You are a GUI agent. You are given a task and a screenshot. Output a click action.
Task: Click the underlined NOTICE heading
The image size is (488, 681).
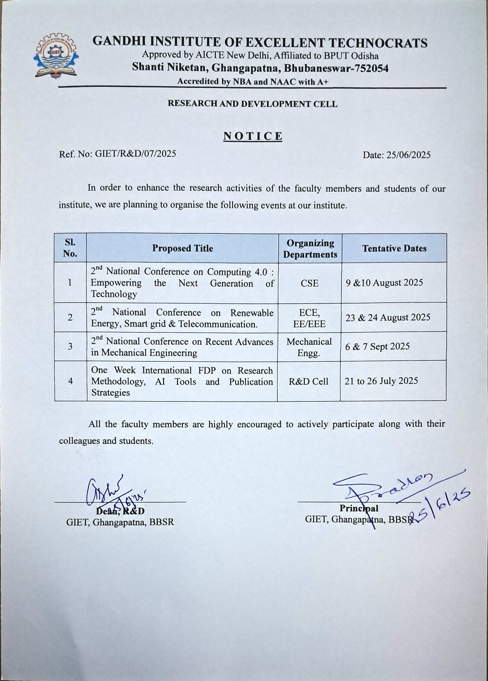(253, 136)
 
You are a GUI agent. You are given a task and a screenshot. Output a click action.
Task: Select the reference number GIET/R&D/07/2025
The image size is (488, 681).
(135, 154)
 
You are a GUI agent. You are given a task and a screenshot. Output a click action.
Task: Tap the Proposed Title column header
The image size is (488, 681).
(182, 248)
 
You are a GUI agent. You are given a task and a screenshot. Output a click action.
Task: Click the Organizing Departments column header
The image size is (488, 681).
(310, 248)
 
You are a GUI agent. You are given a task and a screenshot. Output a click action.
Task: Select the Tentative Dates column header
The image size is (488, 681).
(394, 248)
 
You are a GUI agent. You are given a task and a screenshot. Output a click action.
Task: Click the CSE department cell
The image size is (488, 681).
(309, 283)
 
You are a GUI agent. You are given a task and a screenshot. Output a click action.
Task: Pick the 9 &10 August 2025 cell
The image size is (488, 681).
(384, 283)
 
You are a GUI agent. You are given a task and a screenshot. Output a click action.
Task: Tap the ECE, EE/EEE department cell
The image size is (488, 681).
(309, 318)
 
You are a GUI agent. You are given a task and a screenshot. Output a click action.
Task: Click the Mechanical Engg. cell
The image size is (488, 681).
(309, 347)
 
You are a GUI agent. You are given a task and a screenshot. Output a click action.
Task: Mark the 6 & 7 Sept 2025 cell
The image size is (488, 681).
(377, 347)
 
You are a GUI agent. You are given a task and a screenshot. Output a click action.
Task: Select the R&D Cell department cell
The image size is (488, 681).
(309, 381)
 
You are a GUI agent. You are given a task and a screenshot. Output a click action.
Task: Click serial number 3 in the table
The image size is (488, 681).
(70, 347)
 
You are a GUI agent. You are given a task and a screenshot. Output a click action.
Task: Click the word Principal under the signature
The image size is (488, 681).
(359, 508)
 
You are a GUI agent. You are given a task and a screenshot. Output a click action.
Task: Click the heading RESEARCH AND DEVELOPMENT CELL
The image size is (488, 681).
(253, 104)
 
